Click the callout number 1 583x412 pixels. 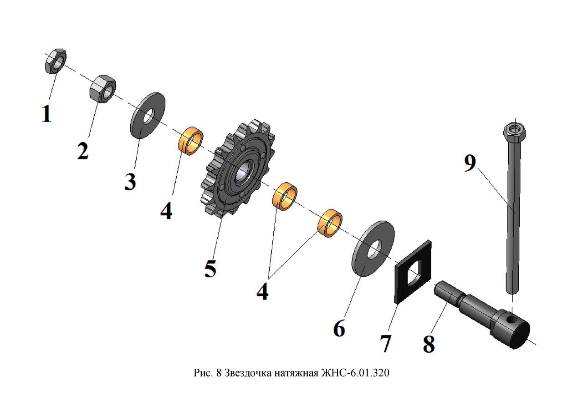(x=46, y=114)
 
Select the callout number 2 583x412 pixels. (x=83, y=152)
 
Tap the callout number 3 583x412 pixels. (x=130, y=183)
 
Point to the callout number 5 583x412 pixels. (x=210, y=269)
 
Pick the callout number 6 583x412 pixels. (x=339, y=329)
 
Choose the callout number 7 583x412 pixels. (x=385, y=343)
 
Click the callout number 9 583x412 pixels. (x=470, y=163)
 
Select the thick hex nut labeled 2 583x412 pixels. (x=102, y=89)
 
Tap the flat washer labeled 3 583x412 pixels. (x=148, y=116)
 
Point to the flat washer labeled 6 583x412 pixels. (x=373, y=249)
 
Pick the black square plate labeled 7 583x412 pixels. (x=414, y=273)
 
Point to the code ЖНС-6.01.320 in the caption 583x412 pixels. (x=356, y=373)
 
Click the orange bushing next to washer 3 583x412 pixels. (x=191, y=141)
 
